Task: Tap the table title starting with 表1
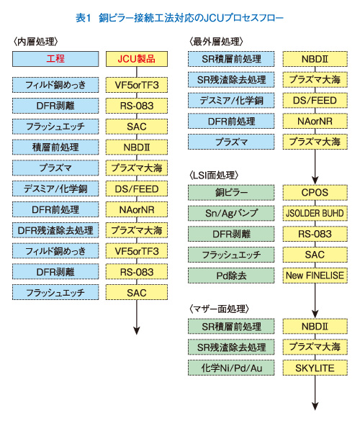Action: click(179, 14)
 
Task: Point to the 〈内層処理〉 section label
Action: click(37, 41)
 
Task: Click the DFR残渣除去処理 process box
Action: click(55, 231)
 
